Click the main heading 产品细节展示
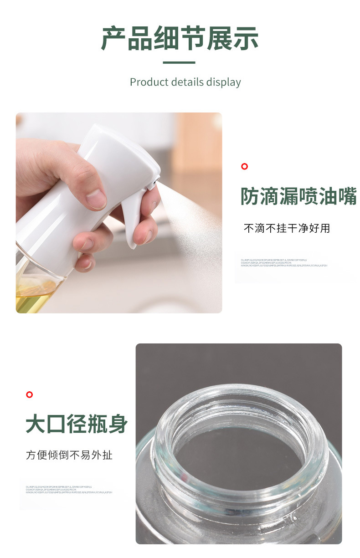tap(180, 39)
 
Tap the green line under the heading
tap(179, 62)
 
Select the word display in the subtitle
tap(223, 82)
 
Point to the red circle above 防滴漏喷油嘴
tap(244, 166)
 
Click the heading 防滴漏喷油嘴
tap(298, 196)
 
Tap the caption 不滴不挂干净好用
tap(287, 228)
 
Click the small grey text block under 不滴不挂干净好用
tap(284, 263)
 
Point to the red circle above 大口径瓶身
tap(30, 394)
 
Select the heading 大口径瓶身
tap(77, 425)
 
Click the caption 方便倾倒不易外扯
tap(69, 455)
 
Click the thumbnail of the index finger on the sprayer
tap(96, 199)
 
